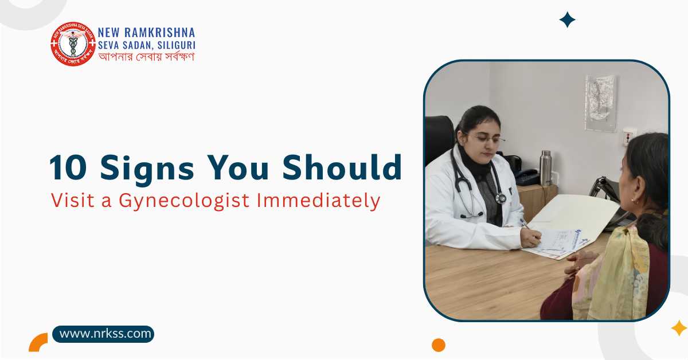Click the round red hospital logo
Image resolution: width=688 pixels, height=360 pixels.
click(72, 44)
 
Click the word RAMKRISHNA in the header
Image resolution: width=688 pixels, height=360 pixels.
click(163, 32)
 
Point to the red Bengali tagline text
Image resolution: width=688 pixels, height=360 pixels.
click(146, 57)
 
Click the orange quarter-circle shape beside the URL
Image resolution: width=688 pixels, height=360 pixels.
click(38, 342)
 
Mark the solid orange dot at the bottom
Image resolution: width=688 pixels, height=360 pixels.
click(439, 345)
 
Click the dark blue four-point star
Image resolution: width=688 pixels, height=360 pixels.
click(567, 20)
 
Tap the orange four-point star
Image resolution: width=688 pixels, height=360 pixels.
click(679, 328)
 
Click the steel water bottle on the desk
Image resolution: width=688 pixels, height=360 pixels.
click(546, 168)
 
